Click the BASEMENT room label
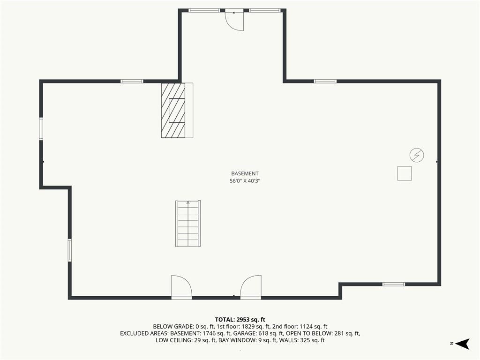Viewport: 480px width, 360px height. coord(245,173)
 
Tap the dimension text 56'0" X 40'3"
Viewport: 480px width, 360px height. coord(245,181)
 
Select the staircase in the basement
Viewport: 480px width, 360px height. coord(188,224)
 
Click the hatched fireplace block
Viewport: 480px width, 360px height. coord(173,110)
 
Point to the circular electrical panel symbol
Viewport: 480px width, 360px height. coord(417,155)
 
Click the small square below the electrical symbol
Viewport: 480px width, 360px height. coord(405,173)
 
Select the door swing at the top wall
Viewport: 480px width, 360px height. coord(234,20)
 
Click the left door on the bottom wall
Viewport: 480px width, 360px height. coord(181,287)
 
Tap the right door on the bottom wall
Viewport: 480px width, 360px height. coord(251,287)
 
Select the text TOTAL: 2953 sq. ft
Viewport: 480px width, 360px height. coord(240,320)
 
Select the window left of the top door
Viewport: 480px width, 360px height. coord(204,10)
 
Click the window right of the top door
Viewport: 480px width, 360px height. coord(264,10)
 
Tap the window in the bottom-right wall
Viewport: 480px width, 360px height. coord(394,284)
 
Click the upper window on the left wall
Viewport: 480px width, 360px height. coord(41,129)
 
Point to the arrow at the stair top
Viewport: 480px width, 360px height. coord(188,202)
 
